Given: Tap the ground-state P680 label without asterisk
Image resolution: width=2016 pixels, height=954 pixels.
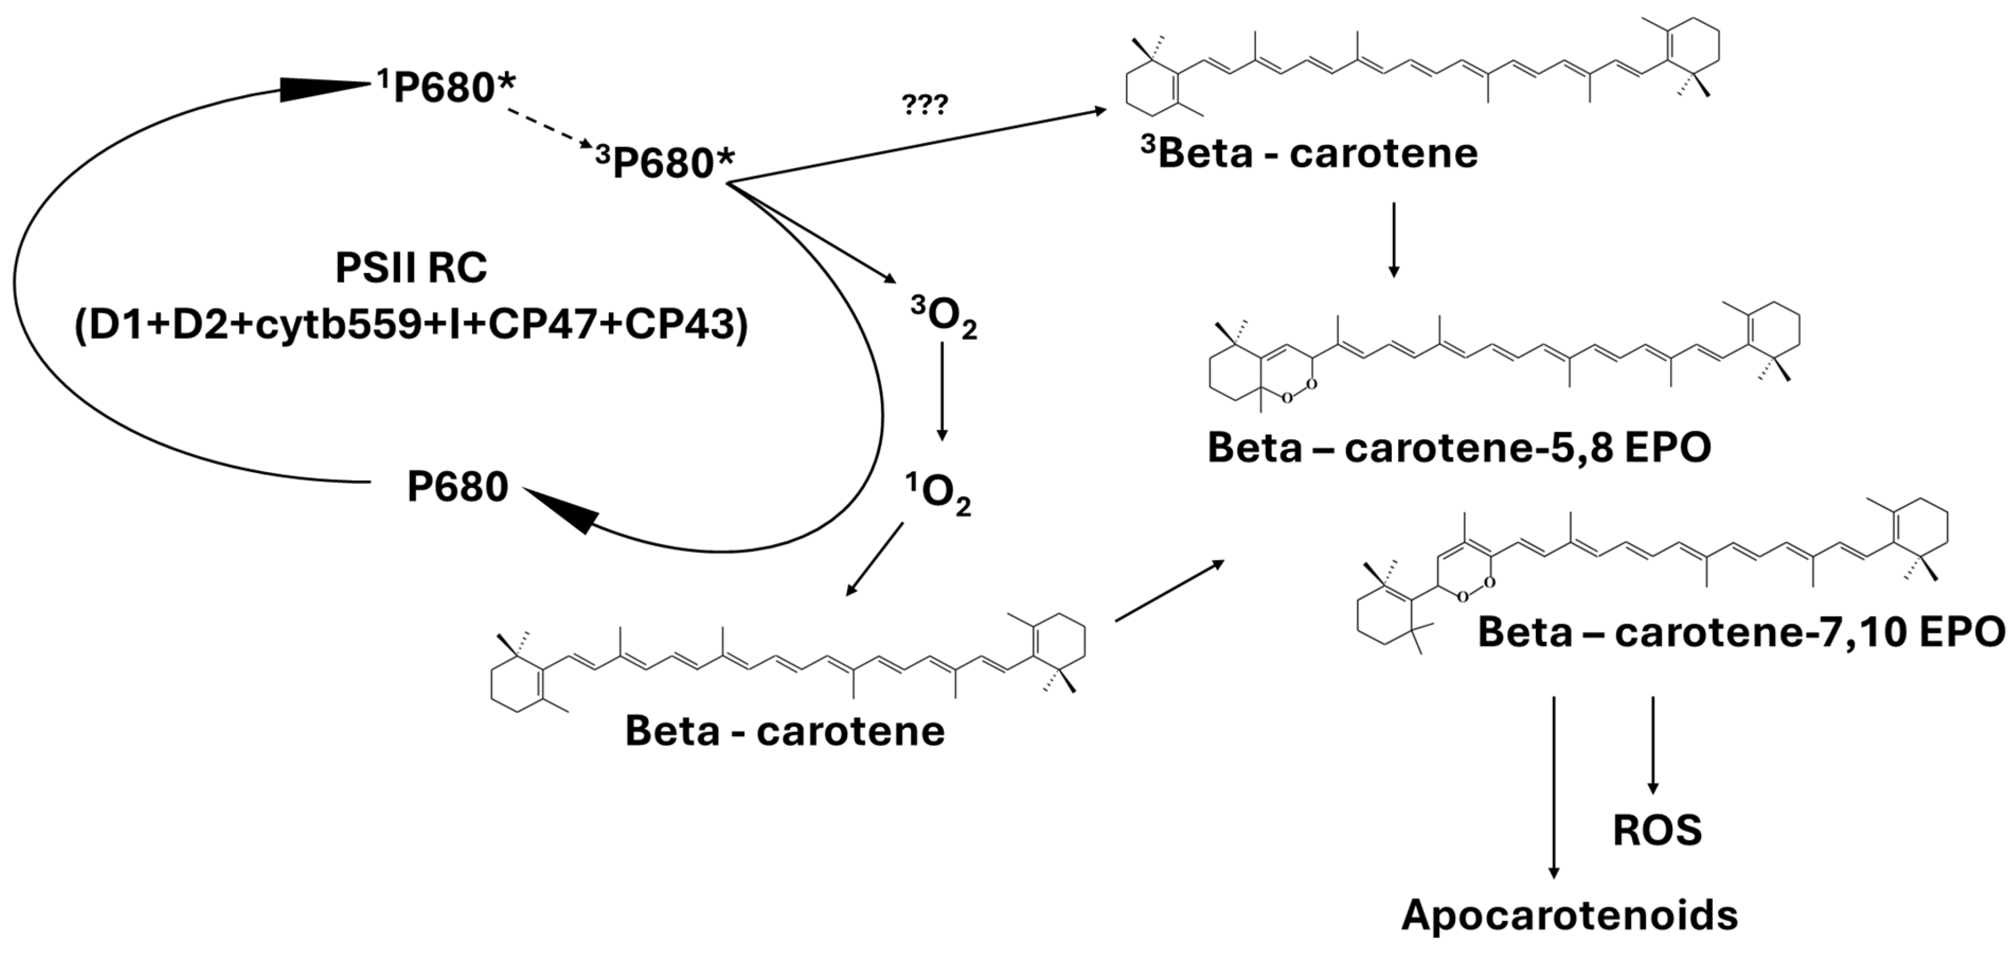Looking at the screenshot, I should coord(458,487).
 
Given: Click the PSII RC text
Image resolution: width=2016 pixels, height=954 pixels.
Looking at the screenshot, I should coord(411,269).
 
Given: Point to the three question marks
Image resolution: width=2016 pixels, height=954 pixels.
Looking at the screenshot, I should coord(925,105).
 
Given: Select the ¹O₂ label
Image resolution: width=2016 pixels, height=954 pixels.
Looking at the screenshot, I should coord(939,495).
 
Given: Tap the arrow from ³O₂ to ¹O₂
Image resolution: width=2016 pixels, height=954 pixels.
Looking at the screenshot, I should coord(942,391).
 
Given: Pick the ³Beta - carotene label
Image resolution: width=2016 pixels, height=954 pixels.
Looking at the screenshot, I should coord(1309,154).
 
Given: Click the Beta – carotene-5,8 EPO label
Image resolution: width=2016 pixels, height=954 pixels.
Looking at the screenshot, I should coord(1459,448).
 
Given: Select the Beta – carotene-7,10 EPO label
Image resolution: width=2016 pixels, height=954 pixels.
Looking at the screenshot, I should coord(1741,631).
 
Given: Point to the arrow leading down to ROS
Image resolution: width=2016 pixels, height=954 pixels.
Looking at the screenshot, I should coord(1653,744).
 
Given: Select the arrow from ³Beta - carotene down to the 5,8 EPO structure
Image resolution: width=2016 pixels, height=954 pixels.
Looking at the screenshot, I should coord(1393,239).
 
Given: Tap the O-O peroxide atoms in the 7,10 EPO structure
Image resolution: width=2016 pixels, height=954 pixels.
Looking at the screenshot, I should coord(1475,590).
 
